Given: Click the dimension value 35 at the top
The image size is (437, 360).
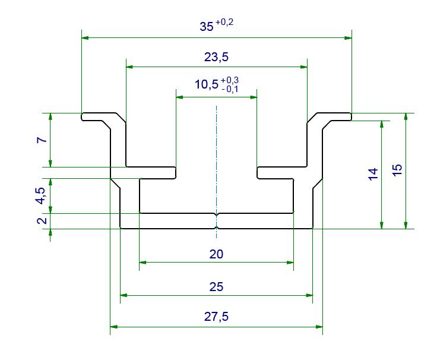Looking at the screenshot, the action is (207, 27).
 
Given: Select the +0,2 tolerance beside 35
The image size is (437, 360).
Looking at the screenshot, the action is (224, 22).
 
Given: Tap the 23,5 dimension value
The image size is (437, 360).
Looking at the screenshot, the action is (216, 57).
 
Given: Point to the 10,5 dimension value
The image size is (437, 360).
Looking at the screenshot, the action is (207, 84).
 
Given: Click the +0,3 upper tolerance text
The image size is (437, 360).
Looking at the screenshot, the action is (230, 80).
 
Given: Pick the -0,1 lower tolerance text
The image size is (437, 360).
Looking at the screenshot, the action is (230, 89).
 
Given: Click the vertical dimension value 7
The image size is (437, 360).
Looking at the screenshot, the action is (42, 140).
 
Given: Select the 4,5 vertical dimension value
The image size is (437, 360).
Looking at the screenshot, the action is (41, 196).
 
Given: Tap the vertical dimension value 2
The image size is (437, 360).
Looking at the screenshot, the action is (42, 220).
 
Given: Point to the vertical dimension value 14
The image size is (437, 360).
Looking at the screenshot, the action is (373, 174).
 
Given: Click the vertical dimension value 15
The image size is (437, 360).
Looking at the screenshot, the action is (397, 170).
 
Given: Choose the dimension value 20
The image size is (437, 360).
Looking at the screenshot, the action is (216, 254).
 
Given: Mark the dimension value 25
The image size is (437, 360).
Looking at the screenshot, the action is (216, 287).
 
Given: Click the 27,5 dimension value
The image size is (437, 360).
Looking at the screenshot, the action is (216, 317).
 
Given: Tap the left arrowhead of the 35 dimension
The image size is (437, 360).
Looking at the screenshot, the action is (85, 37).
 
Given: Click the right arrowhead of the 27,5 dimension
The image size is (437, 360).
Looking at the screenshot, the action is (319, 327).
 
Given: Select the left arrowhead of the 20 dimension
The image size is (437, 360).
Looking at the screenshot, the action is (142, 263).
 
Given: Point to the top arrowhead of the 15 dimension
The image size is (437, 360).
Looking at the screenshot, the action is (406, 117).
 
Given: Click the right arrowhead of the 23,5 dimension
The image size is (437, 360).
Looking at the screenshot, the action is (303, 67).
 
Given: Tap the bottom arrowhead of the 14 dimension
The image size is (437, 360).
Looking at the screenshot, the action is (382, 225).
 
